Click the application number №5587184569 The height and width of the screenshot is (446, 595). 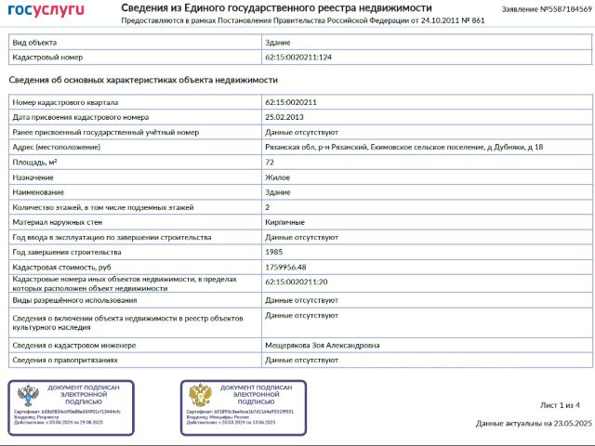pyautogui.click(x=546, y=9)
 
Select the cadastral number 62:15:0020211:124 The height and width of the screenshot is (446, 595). pyautogui.click(x=298, y=58)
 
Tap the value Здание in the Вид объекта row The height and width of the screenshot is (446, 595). pyautogui.click(x=278, y=43)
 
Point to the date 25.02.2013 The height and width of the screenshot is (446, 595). pyautogui.click(x=285, y=117)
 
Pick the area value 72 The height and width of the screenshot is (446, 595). pyautogui.click(x=270, y=162)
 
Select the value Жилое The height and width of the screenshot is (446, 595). pyautogui.click(x=277, y=177)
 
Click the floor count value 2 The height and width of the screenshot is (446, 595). pyautogui.click(x=268, y=207)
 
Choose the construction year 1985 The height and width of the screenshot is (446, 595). pyautogui.click(x=274, y=252)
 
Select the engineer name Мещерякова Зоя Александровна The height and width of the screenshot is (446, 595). pyautogui.click(x=323, y=345)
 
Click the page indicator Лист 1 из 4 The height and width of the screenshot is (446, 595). pyautogui.click(x=560, y=405)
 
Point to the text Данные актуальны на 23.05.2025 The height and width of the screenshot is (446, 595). pyautogui.click(x=533, y=423)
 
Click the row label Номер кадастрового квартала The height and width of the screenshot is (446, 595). pyautogui.click(x=65, y=102)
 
